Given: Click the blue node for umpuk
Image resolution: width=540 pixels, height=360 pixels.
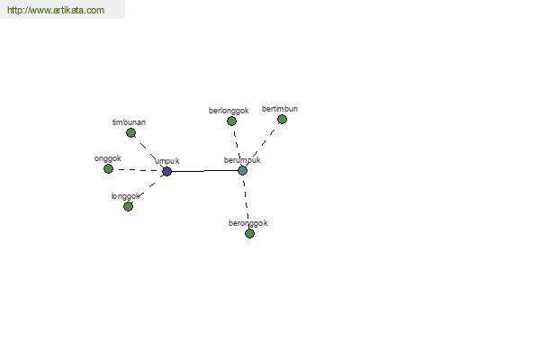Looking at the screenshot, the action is click(166, 171).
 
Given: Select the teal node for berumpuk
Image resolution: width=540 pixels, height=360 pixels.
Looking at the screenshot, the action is click(242, 170).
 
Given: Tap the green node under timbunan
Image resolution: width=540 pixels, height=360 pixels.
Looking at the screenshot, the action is click(130, 132).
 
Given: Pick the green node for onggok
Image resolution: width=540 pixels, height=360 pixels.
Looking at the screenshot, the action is click(108, 169).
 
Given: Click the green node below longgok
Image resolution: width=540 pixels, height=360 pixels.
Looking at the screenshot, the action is click(128, 206).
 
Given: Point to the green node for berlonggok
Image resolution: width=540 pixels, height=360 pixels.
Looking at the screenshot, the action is click(232, 121).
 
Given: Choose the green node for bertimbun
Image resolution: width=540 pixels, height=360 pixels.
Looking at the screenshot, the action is click(282, 119).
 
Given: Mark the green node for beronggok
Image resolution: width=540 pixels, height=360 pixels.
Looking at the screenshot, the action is click(249, 234).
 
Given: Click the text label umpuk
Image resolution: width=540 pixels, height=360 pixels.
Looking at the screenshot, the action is click(167, 161).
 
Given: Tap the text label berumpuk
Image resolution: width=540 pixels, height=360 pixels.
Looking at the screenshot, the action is click(242, 160).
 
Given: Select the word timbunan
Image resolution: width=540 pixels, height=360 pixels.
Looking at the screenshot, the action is click(129, 122).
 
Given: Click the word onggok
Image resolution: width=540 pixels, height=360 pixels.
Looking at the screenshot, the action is click(107, 158).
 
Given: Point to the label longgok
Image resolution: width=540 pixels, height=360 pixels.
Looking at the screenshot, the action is click(126, 196).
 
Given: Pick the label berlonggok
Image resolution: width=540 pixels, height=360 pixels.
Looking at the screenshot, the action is click(229, 111).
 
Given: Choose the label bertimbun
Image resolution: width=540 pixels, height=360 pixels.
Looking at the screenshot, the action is click(280, 109).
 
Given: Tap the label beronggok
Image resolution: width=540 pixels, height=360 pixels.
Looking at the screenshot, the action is click(248, 223).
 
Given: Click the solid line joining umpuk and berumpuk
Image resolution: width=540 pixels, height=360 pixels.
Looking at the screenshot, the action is click(204, 171).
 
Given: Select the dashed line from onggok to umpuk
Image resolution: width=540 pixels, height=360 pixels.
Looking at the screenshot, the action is click(138, 170).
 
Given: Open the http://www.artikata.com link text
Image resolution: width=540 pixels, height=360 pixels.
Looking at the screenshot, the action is click(56, 10).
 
